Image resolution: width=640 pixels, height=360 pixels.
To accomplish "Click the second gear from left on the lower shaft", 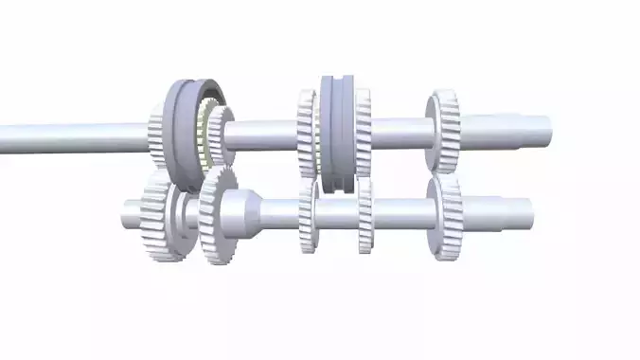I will (218, 216).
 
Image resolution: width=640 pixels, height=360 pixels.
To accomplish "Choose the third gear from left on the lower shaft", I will (308, 217).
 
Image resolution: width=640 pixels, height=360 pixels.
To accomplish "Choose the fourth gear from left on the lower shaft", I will (365, 217).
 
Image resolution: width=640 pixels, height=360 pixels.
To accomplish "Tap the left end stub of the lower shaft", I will (132, 214).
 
